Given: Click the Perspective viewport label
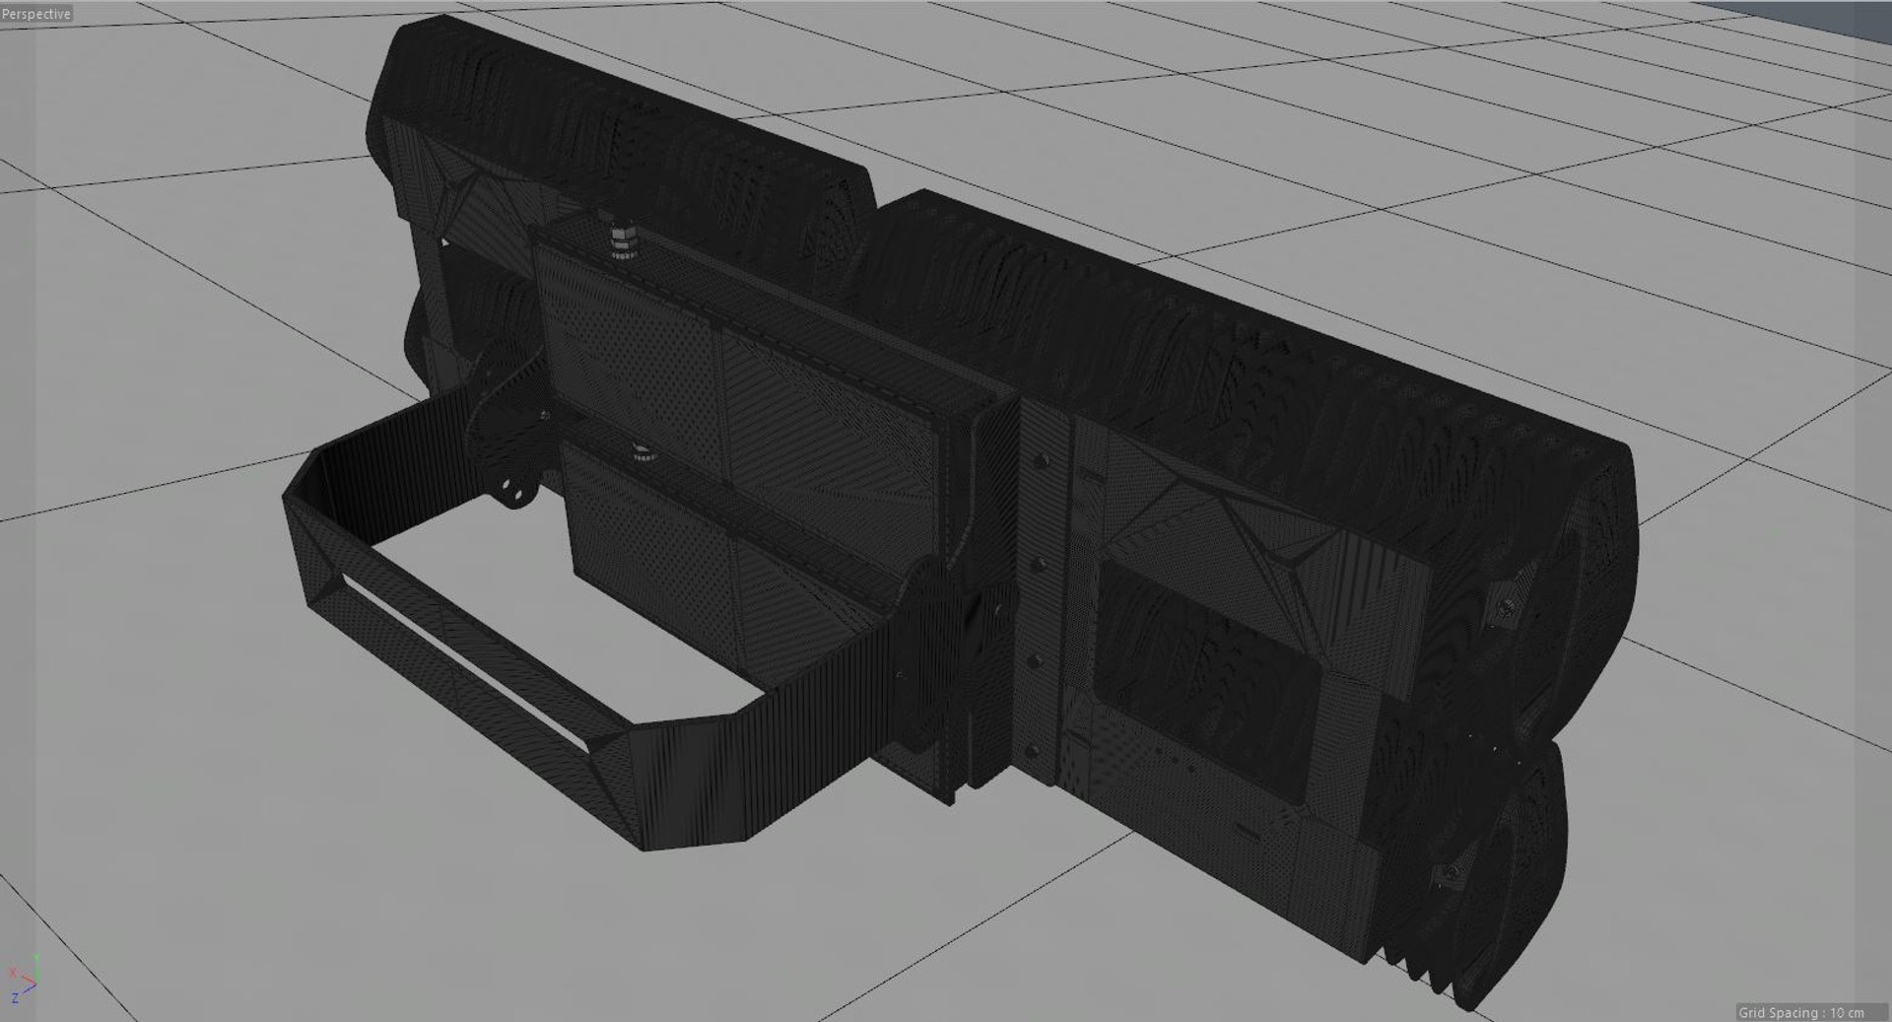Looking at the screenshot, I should click(x=36, y=14).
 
